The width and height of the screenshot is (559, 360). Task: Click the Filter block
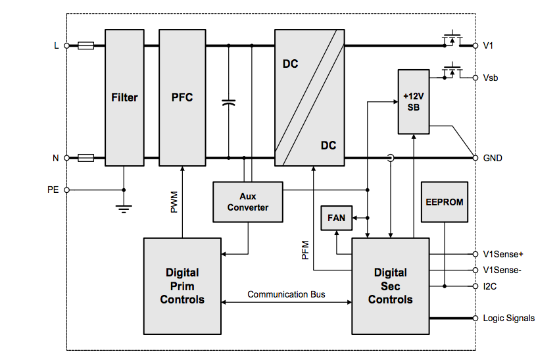point(124,97)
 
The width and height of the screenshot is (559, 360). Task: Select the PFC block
point(182,97)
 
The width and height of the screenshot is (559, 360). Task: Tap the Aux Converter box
point(248,201)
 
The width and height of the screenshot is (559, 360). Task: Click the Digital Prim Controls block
point(182,286)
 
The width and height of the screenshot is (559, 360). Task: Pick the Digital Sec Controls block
point(390,286)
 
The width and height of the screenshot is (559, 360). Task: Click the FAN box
point(336,218)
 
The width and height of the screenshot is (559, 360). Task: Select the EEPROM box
point(445,201)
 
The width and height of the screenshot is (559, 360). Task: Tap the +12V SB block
point(413,101)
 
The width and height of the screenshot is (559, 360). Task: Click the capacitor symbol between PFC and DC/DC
point(228,103)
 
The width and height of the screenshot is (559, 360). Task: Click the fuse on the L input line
point(85,46)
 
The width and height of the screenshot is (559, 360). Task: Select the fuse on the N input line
point(85,158)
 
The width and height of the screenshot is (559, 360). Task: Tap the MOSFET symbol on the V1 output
point(452,39)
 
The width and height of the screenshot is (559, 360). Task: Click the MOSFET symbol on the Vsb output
point(452,70)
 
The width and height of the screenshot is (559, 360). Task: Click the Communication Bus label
point(286,294)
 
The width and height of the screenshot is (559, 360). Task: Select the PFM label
point(306,250)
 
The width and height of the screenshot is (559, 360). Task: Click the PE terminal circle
point(66,190)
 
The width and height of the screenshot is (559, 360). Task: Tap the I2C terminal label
point(491,286)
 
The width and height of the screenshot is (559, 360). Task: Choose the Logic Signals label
point(508,318)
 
